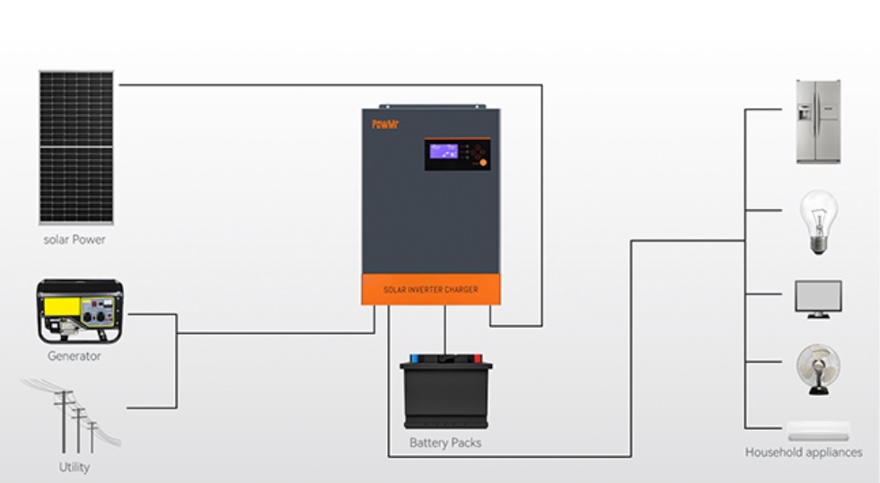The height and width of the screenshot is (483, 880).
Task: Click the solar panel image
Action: [x=76, y=146]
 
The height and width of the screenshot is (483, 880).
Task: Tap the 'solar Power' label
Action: [x=75, y=240]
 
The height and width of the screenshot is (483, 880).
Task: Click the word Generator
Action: [x=75, y=356]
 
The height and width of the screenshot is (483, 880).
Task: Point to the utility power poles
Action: [x=73, y=418]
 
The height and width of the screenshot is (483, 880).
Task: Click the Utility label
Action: [x=75, y=467]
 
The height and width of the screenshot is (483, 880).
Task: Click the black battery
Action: [x=446, y=394]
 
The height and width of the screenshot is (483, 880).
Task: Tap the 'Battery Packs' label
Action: [x=445, y=443]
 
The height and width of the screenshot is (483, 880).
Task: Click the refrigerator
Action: [x=818, y=121]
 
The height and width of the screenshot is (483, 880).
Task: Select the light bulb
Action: [x=818, y=221]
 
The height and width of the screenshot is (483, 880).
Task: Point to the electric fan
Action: [x=818, y=369]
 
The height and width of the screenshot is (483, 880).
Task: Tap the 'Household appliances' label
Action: [x=803, y=452]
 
